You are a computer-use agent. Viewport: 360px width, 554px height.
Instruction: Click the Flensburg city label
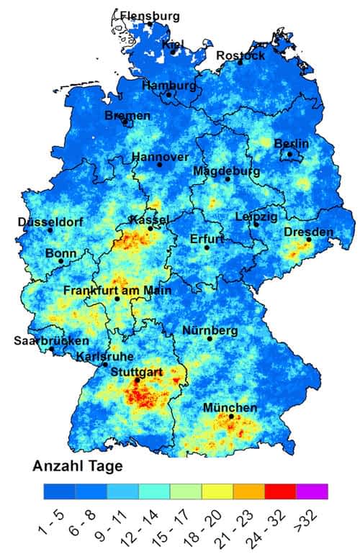(150, 16)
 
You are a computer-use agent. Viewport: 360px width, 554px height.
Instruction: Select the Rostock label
(240, 55)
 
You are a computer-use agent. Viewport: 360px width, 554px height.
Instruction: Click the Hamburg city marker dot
(169, 95)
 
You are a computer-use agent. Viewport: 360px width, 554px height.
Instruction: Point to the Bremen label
(127, 115)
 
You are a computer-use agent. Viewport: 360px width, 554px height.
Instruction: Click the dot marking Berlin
(289, 154)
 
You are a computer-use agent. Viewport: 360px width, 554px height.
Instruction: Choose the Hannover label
(160, 157)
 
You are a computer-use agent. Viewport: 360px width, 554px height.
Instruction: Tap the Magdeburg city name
(226, 171)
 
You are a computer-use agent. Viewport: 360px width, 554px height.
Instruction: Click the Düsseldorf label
(49, 221)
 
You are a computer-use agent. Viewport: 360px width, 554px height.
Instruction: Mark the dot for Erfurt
(207, 248)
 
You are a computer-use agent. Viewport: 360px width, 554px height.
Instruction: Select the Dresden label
(309, 232)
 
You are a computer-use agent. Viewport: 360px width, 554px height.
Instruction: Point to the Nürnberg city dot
(210, 338)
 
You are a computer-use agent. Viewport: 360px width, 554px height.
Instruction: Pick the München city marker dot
(231, 416)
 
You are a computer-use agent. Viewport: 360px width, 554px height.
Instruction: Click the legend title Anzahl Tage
(78, 466)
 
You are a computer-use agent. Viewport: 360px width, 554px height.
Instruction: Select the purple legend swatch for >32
(312, 491)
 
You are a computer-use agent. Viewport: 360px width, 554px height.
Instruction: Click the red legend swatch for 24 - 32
(280, 491)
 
